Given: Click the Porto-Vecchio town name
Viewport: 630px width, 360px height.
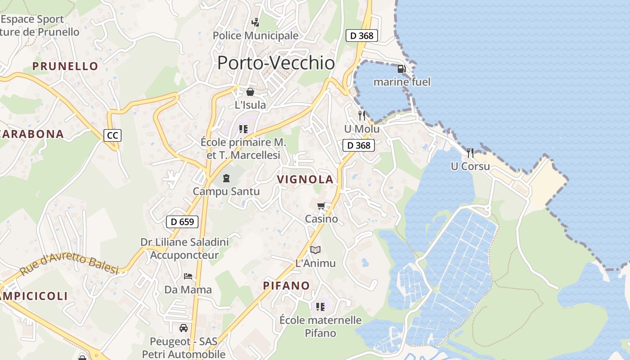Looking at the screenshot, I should click(x=276, y=63).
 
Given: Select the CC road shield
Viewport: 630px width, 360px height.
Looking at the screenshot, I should click(x=112, y=135).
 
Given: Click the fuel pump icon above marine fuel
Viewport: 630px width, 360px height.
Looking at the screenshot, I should click(x=402, y=69).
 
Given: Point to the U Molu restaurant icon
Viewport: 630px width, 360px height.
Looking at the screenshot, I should click(x=362, y=116).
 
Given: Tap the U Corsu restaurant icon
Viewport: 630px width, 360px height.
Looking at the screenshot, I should click(x=470, y=153).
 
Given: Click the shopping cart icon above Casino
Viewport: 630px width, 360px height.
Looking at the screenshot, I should click(x=321, y=206).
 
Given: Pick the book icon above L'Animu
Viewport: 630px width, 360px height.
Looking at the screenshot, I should click(x=315, y=250).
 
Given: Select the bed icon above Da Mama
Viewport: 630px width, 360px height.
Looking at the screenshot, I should click(x=188, y=276).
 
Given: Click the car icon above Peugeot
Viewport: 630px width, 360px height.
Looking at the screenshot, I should click(x=184, y=328).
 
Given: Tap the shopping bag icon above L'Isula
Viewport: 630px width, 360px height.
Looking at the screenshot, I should click(x=250, y=92).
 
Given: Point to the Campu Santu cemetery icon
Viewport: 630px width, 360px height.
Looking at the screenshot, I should click(x=226, y=178).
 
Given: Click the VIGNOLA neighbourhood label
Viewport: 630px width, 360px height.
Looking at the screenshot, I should click(x=305, y=180).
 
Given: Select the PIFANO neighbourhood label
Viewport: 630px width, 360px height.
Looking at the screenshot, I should click(x=287, y=286).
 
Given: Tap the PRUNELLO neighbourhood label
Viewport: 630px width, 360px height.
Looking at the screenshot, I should click(x=65, y=66).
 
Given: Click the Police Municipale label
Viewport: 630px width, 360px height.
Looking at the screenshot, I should click(x=256, y=35).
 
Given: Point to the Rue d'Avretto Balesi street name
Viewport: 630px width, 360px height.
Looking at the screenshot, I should click(x=69, y=264).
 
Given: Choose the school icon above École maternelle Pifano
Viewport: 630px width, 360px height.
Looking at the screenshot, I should click(x=320, y=307).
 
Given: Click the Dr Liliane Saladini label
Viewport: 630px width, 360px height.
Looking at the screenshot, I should click(x=184, y=242).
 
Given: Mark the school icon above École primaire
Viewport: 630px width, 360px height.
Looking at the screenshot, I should click(x=243, y=129).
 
